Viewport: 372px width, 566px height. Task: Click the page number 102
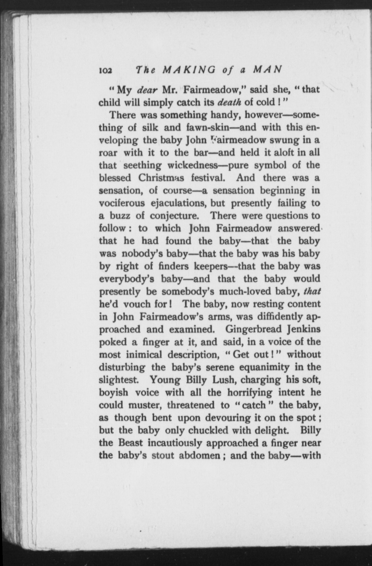coord(105,70)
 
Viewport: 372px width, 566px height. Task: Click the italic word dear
coord(148,90)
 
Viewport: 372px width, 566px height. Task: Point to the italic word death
coord(229,103)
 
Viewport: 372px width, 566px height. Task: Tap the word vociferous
coord(122,203)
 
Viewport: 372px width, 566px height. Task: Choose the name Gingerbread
coord(254,329)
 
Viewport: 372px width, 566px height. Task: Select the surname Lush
coord(222,380)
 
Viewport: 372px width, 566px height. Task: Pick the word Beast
coord(131,443)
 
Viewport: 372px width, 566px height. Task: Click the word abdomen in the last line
coord(199,455)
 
